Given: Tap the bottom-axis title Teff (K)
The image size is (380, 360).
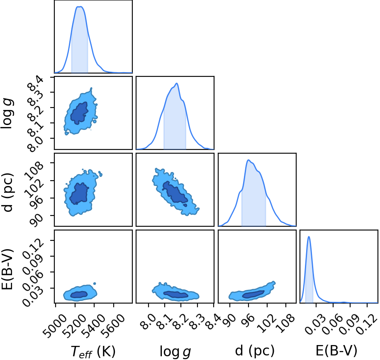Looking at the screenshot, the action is (x=93, y=351).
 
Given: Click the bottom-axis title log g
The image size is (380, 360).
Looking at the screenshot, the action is (x=175, y=351).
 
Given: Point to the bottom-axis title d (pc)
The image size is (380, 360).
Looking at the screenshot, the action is (x=255, y=350).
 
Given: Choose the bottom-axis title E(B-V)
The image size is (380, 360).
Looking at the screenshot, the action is (x=336, y=350).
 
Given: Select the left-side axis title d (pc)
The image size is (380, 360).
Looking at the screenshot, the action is (x=7, y=192).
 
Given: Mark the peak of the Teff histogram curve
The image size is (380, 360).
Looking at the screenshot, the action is (x=80, y=7).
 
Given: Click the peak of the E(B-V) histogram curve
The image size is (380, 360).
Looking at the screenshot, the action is (x=309, y=237).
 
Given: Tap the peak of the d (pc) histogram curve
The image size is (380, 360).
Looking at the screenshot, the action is (x=248, y=160).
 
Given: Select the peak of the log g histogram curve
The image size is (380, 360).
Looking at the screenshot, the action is (x=177, y=83).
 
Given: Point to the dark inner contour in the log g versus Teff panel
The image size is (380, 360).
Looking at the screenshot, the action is (x=80, y=113).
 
